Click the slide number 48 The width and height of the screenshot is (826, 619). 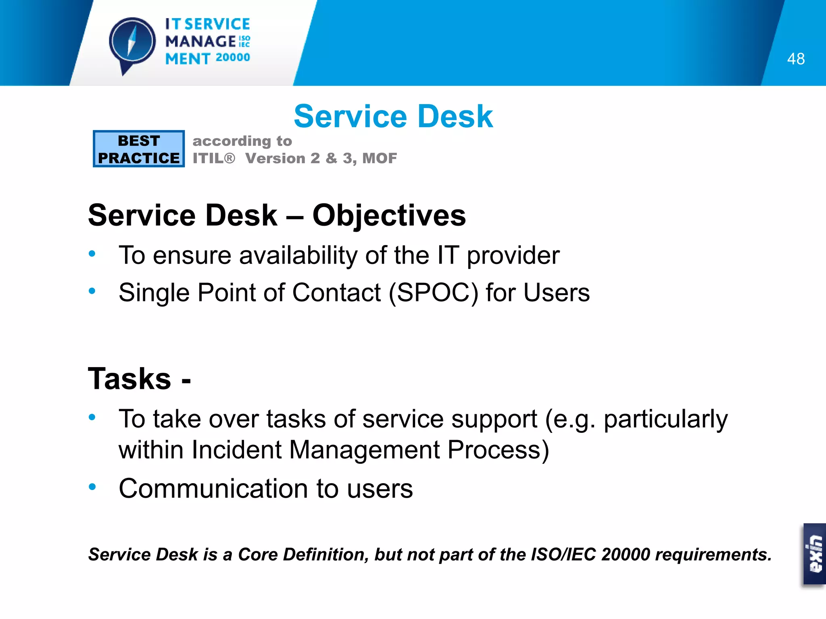click(x=796, y=59)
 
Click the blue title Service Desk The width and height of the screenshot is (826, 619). click(x=393, y=116)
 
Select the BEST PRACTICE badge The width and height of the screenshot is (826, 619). click(x=139, y=149)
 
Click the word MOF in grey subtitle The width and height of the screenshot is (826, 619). click(x=380, y=158)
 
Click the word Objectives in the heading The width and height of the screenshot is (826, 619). click(x=389, y=216)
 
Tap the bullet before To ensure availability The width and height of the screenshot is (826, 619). click(x=92, y=254)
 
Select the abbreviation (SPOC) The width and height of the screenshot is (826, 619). click(x=434, y=293)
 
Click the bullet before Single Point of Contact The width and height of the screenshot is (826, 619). click(x=92, y=291)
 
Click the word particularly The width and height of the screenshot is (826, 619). click(x=665, y=420)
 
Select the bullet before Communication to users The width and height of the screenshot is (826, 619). click(x=92, y=487)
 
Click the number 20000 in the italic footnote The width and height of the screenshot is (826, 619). click(x=625, y=555)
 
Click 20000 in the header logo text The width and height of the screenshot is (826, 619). click(x=233, y=58)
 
